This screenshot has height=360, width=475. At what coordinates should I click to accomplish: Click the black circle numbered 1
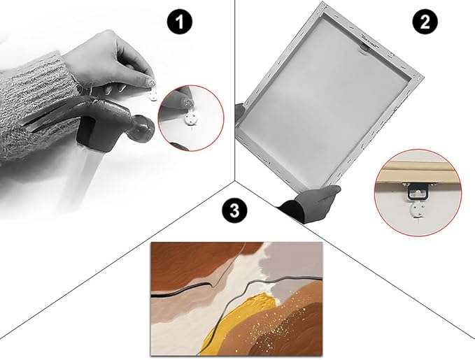[x=180, y=22]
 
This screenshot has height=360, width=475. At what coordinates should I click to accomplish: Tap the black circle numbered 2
[x=425, y=22]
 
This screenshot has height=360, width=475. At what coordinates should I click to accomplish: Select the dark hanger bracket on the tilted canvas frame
[x=364, y=48]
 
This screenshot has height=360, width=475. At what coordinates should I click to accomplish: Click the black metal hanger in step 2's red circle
[x=417, y=192]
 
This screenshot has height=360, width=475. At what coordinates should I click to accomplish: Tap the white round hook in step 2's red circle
[x=418, y=210]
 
